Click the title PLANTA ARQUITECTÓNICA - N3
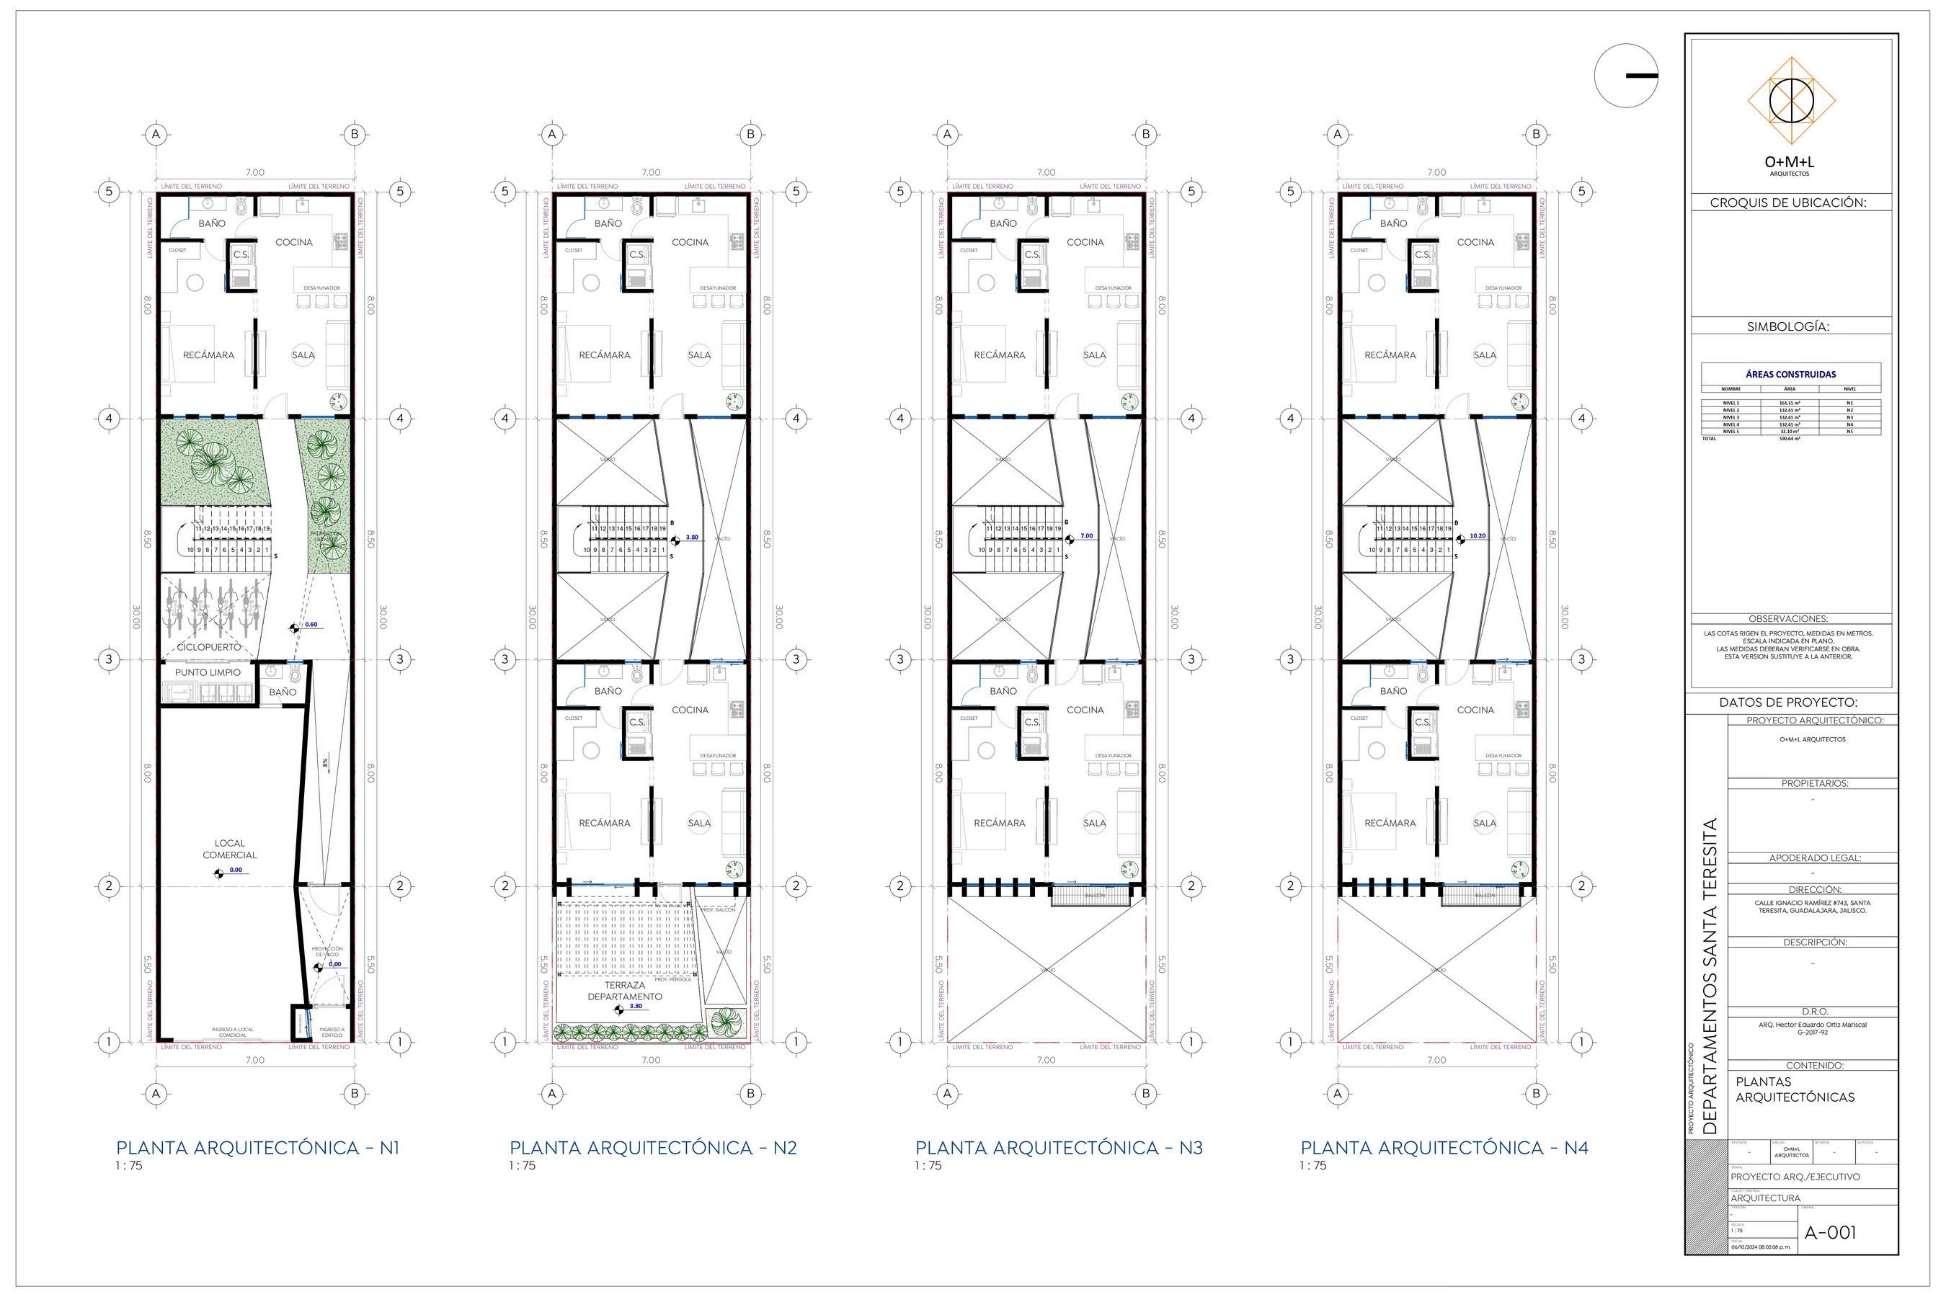pos(1058,1147)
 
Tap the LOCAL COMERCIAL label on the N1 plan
pos(229,849)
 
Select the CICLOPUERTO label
pos(208,647)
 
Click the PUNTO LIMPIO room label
pos(207,672)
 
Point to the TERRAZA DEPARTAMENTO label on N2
pos(625,991)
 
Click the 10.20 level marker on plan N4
pos(1478,536)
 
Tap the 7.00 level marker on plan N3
pos(1086,536)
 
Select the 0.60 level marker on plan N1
pos(311,625)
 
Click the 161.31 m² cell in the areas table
pos(1789,403)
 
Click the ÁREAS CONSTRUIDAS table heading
pos(1790,374)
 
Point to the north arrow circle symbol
pos(1626,75)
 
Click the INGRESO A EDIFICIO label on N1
pos(331,1032)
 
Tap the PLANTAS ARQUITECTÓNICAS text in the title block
pos(1794,1089)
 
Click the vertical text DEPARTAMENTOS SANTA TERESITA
pos(1711,976)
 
